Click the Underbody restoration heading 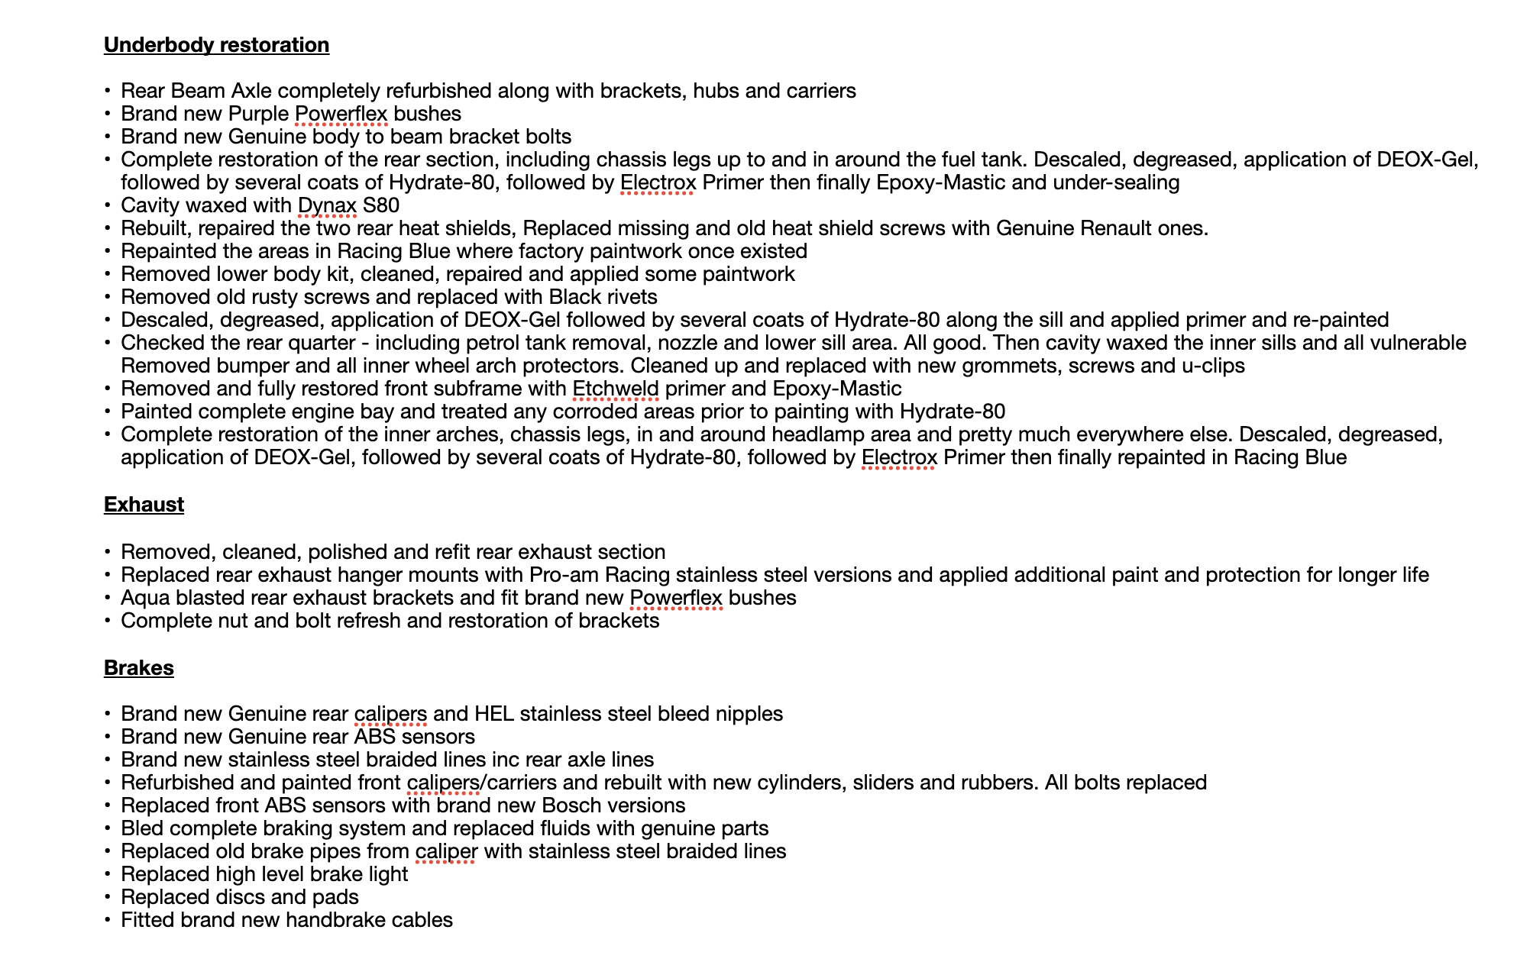216,45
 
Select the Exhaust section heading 144,505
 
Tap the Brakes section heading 138,668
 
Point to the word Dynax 327,205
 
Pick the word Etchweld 616,389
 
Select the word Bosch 569,805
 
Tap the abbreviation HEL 493,714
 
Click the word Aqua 145,598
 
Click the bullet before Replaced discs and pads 108,898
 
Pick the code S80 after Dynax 381,205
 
